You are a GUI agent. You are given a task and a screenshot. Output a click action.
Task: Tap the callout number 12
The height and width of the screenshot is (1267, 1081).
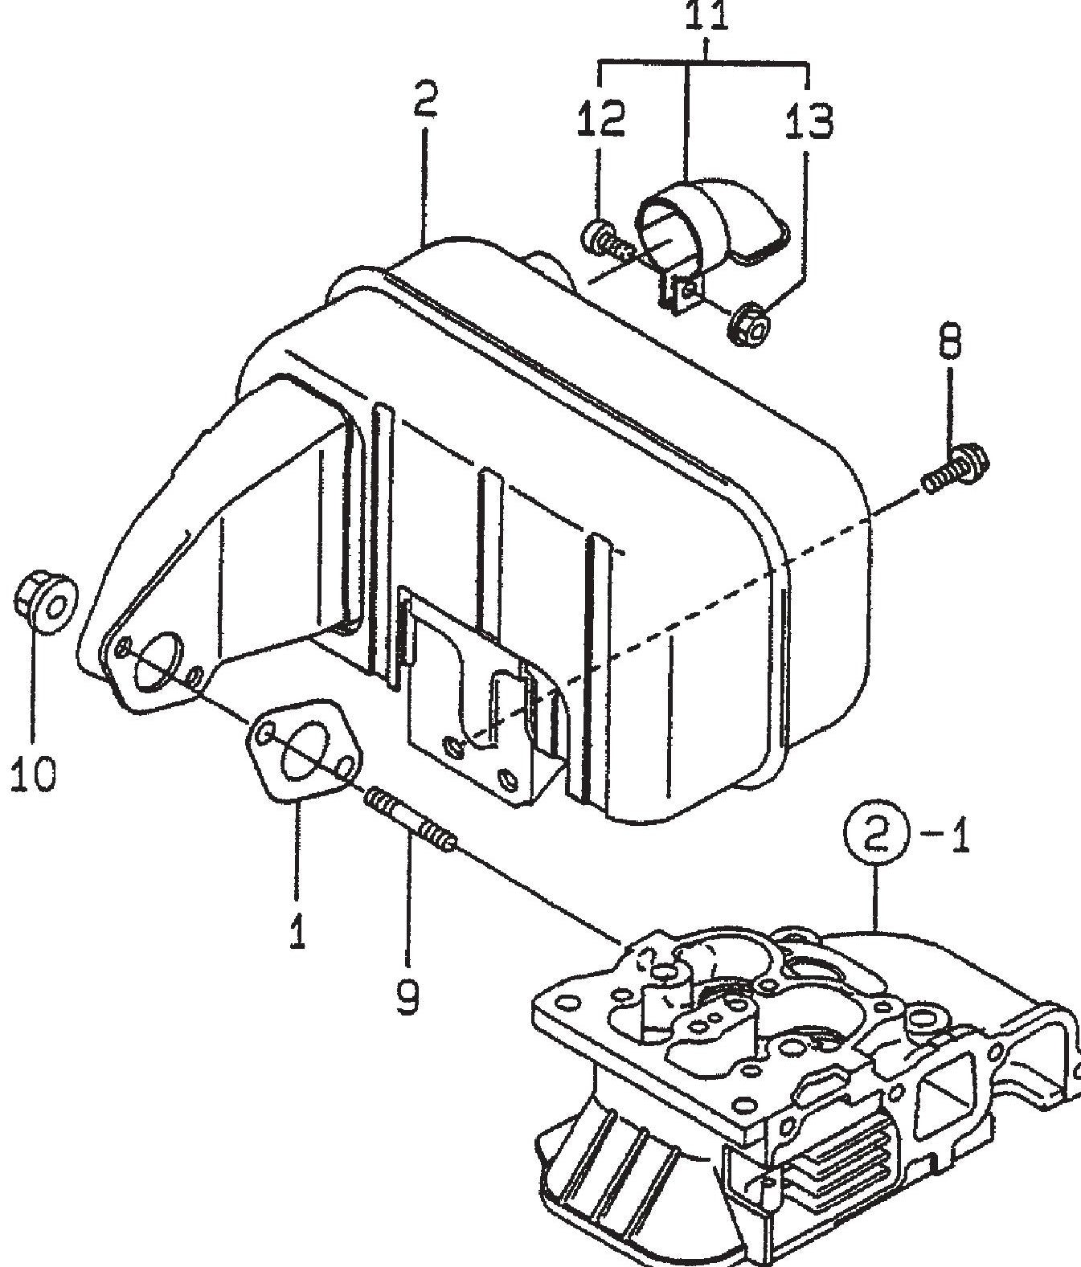click(x=600, y=119)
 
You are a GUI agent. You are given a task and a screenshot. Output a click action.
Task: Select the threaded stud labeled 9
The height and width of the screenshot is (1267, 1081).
click(x=411, y=819)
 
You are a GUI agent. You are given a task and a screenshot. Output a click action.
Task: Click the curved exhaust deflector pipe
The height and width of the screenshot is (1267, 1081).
click(x=707, y=217)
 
